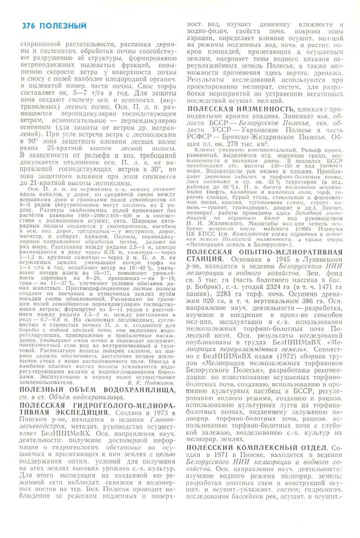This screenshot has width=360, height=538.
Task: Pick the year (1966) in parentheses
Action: (x=297, y=228)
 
